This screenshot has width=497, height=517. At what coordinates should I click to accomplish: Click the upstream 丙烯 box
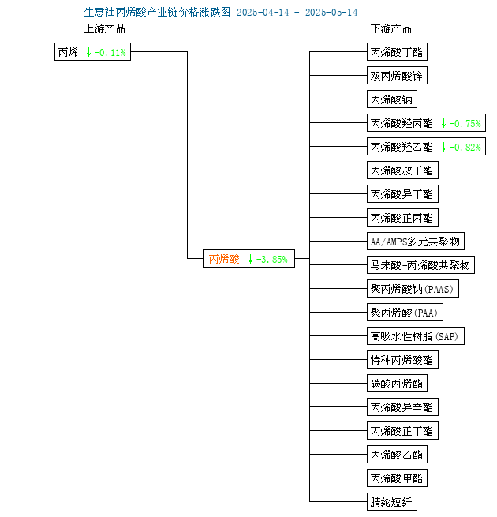[92, 52]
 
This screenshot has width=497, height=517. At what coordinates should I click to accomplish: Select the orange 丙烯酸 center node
[248, 259]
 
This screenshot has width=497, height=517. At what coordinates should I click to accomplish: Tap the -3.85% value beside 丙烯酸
[272, 259]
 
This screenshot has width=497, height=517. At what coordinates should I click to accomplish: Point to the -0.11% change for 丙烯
[110, 52]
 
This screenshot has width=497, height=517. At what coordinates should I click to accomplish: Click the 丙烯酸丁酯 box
[397, 52]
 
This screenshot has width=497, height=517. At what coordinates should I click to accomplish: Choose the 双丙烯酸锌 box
[397, 76]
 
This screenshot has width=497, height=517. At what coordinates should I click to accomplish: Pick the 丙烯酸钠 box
[392, 99]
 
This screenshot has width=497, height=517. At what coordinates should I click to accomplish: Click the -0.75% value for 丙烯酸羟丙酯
[465, 124]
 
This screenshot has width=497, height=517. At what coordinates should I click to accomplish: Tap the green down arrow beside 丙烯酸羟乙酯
[443, 147]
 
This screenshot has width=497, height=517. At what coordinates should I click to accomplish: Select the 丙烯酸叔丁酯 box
[402, 170]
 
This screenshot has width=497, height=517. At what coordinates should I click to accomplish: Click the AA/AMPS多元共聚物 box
[416, 242]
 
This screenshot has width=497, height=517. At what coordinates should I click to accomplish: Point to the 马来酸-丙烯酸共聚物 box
[420, 264]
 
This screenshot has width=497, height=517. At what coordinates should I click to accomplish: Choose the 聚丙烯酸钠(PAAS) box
[413, 289]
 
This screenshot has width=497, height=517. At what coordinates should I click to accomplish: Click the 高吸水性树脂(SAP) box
[416, 336]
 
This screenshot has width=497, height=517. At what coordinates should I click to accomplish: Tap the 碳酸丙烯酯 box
[397, 383]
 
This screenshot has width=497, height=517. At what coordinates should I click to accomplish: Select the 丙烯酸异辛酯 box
[402, 406]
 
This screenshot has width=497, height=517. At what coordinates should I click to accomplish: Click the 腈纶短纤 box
[392, 501]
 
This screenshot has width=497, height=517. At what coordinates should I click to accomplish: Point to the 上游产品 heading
[105, 28]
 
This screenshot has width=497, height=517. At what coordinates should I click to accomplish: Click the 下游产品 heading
[391, 28]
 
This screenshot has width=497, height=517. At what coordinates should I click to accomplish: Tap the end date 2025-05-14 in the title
[331, 13]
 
